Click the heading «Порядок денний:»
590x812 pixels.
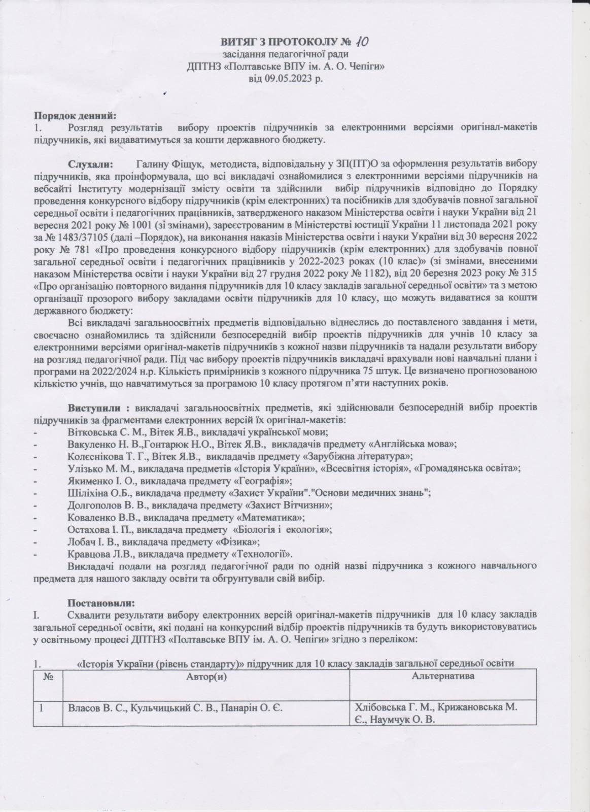pyautogui.click(x=76, y=116)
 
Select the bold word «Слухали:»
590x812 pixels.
pyautogui.click(x=91, y=165)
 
